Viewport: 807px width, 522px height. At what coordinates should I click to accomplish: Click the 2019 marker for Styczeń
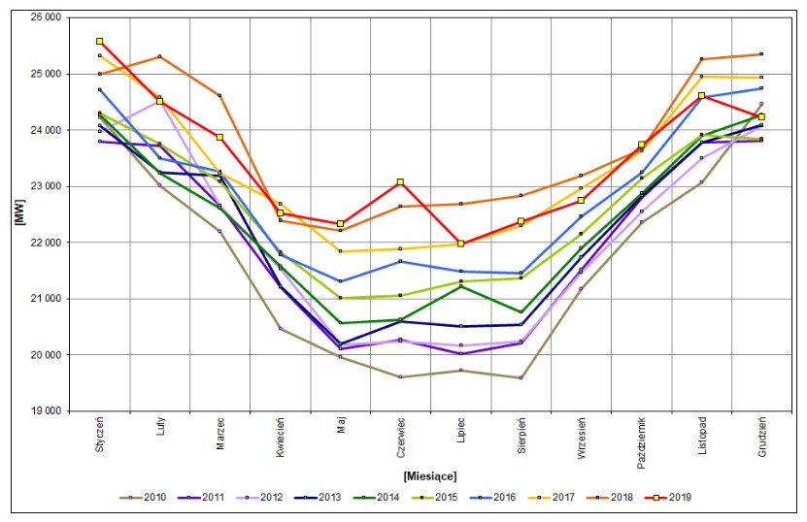tap(99, 41)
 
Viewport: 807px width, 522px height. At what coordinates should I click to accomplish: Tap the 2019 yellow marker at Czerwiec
tap(400, 182)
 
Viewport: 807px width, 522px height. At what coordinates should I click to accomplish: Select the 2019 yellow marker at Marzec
tap(219, 138)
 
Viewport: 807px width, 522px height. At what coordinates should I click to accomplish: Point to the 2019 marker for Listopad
tap(701, 96)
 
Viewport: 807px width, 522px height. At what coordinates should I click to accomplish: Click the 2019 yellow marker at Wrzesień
tap(581, 200)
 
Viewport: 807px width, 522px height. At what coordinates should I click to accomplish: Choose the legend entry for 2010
tap(143, 498)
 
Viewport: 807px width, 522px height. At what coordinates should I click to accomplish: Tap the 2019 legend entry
tap(667, 498)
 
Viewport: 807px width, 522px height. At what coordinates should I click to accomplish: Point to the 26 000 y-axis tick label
tap(47, 17)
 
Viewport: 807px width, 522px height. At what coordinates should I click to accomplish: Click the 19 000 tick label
tap(47, 411)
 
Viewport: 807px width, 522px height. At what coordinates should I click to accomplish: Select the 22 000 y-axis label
tap(47, 243)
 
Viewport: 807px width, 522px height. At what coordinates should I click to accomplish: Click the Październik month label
tap(641, 442)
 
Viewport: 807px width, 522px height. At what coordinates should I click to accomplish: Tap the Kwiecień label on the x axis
tap(280, 437)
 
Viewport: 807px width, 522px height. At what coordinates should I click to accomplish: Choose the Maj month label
tap(341, 424)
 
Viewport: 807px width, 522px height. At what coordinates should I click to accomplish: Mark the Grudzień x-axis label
tap(761, 436)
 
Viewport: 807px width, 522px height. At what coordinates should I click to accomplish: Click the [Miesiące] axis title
tap(430, 475)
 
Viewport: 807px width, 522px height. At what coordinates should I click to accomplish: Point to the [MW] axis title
tap(20, 212)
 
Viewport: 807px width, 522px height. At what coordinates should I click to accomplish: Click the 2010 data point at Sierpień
tap(521, 377)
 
